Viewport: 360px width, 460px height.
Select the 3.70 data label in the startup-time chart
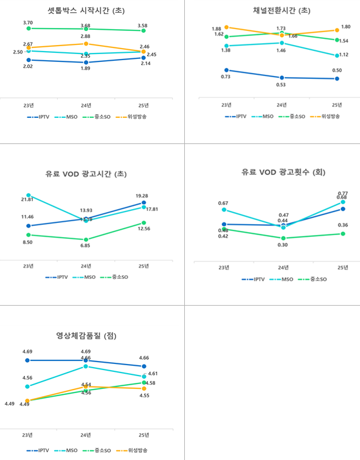click(28, 22)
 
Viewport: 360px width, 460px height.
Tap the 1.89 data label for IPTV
click(86, 69)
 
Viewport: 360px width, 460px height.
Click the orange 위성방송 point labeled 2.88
click(86, 44)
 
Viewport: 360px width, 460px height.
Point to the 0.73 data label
click(226, 77)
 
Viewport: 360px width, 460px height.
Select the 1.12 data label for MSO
click(343, 54)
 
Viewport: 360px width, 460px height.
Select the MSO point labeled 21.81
click(28, 195)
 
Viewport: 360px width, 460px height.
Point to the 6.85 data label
click(86, 245)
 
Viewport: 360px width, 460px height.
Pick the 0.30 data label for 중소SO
click(283, 245)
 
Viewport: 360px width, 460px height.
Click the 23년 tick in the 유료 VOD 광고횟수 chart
click(224, 267)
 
